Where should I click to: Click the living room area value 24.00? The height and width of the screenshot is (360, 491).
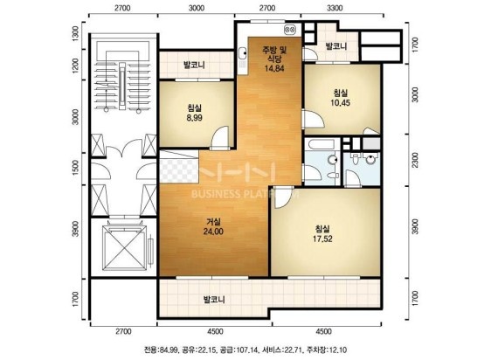pyautogui.click(x=213, y=232)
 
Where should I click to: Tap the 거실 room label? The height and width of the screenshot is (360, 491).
pyautogui.click(x=213, y=222)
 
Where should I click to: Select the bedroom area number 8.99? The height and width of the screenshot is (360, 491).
pyautogui.click(x=194, y=118)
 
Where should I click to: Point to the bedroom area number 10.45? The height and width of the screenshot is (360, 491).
pyautogui.click(x=341, y=102)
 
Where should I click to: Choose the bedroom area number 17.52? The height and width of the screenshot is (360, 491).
pyautogui.click(x=322, y=239)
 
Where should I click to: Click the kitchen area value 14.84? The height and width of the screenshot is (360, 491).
pyautogui.click(x=274, y=68)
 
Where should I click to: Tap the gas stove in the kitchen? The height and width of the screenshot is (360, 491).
pyautogui.click(x=290, y=30)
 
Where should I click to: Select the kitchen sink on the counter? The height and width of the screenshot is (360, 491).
pyautogui.click(x=242, y=53)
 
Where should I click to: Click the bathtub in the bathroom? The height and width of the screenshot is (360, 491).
pyautogui.click(x=322, y=144)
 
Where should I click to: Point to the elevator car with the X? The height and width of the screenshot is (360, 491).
pyautogui.click(x=125, y=247)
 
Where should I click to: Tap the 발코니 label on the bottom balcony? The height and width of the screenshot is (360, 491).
pyautogui.click(x=214, y=300)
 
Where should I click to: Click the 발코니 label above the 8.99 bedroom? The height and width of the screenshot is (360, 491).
pyautogui.click(x=194, y=65)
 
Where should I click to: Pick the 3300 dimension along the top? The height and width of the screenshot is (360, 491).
pyautogui.click(x=335, y=8)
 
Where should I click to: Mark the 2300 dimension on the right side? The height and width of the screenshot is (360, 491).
pyautogui.click(x=415, y=160)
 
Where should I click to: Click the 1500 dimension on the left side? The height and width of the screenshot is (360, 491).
pyautogui.click(x=75, y=167)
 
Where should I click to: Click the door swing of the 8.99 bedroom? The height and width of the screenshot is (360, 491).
pyautogui.click(x=220, y=136)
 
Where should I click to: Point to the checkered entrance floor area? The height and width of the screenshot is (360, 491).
pyautogui.click(x=179, y=170)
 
